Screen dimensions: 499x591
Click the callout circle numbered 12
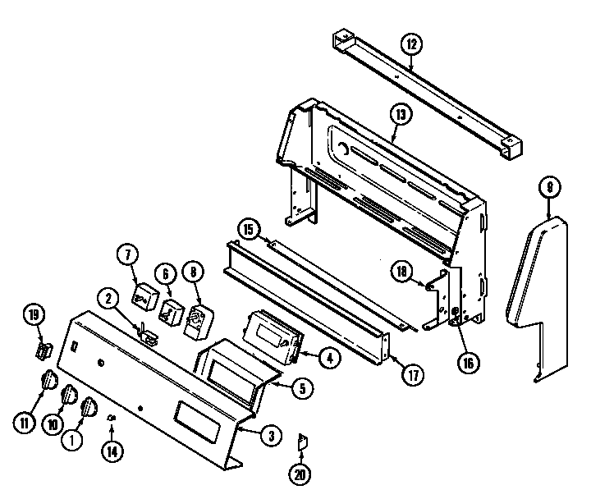410,43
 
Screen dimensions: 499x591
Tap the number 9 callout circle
548,188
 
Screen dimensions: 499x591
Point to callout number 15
248,229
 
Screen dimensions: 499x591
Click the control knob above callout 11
49,381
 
